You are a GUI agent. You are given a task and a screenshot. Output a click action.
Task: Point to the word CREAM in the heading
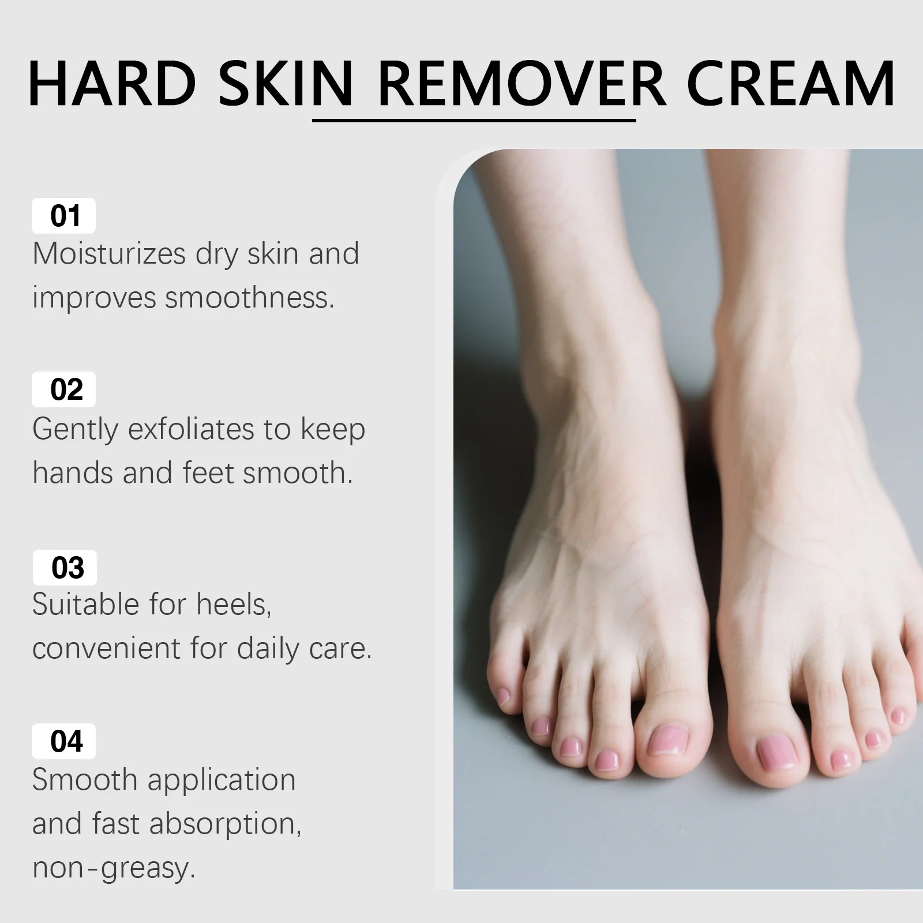(x=790, y=84)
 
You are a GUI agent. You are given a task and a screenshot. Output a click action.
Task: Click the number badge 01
(x=64, y=216)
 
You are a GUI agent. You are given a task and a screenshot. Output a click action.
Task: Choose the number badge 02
(x=64, y=390)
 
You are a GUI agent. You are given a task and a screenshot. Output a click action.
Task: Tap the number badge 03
(x=65, y=568)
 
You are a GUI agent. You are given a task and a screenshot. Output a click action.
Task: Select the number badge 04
(x=64, y=741)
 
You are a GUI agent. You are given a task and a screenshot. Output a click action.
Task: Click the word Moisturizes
(x=109, y=254)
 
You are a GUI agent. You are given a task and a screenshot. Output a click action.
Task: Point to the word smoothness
(x=250, y=298)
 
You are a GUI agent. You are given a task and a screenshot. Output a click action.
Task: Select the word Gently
(x=75, y=430)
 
